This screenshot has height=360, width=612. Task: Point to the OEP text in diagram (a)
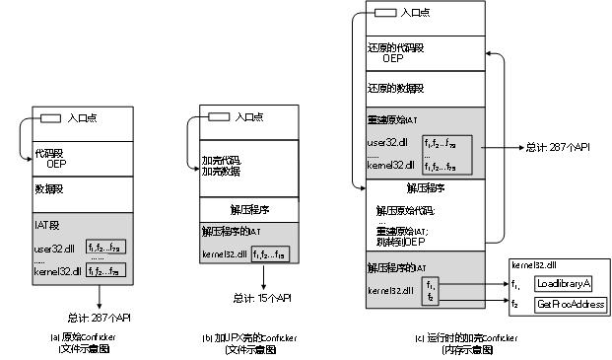click(56, 164)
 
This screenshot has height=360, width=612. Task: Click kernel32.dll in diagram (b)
click(224, 253)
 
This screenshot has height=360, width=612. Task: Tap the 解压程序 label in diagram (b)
click(248, 210)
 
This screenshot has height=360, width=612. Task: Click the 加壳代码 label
click(220, 159)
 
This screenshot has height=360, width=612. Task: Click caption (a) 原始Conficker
click(82, 337)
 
